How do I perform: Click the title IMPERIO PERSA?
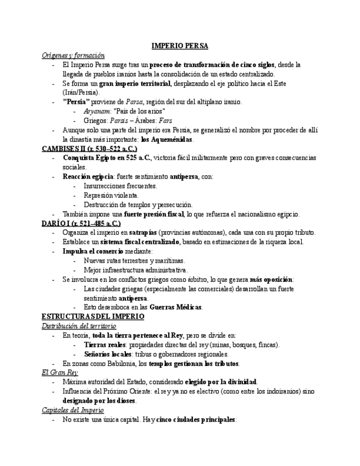180,46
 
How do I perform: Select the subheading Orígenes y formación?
73,56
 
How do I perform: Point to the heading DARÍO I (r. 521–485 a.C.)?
81,223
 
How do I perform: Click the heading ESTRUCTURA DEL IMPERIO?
93,317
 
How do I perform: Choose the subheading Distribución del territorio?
79,326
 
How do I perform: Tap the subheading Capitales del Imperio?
73,410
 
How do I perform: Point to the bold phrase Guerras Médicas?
175,307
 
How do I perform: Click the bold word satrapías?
146,232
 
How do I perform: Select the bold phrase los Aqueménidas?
167,140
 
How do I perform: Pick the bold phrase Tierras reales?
105,345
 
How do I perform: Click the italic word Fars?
165,121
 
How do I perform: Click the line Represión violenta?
111,195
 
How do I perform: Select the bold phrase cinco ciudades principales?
195,419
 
